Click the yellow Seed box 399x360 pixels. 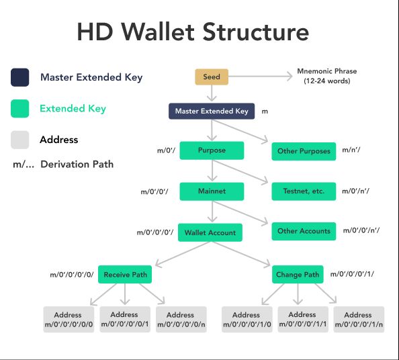point(212,77)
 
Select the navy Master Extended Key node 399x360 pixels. point(212,111)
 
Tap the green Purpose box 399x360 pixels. point(212,150)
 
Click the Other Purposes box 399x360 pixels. point(304,151)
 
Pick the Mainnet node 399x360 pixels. point(212,191)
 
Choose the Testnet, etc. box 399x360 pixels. point(304,191)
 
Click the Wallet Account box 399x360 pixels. point(210,232)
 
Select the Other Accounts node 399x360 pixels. point(304,231)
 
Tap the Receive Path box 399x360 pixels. point(124,274)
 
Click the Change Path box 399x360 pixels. point(297,274)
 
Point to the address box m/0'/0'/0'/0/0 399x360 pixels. point(68,320)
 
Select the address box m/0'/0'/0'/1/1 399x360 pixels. point(302,320)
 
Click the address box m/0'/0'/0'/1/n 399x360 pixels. point(357,320)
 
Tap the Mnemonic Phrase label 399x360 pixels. point(327,76)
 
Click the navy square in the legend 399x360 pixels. point(19,77)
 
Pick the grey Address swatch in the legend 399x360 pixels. point(19,140)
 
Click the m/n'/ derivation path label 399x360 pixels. point(351,150)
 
